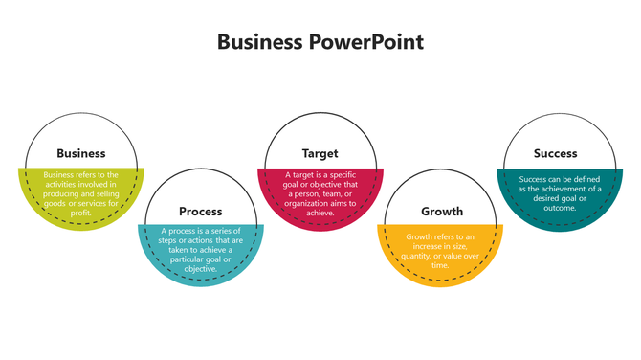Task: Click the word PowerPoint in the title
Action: pyautogui.click(x=370, y=42)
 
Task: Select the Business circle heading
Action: pyautogui.click(x=81, y=153)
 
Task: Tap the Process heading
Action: pyautogui.click(x=201, y=211)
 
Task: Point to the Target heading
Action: pyautogui.click(x=320, y=153)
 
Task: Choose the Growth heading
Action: pyautogui.click(x=442, y=211)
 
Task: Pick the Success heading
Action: pyautogui.click(x=556, y=153)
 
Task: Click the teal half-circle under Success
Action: pyautogui.click(x=560, y=215)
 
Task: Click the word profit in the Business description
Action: pyautogui.click(x=80, y=213)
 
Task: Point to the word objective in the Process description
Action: pyautogui.click(x=201, y=269)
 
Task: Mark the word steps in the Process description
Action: pyautogui.click(x=165, y=240)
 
